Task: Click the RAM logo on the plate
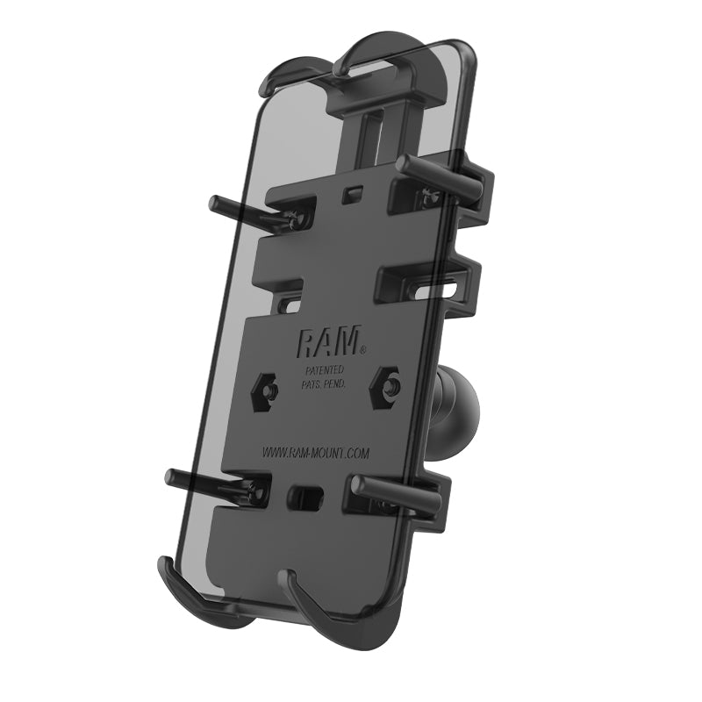coord(332,341)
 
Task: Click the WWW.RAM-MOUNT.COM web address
coord(315,453)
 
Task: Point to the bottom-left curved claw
coord(189,597)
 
